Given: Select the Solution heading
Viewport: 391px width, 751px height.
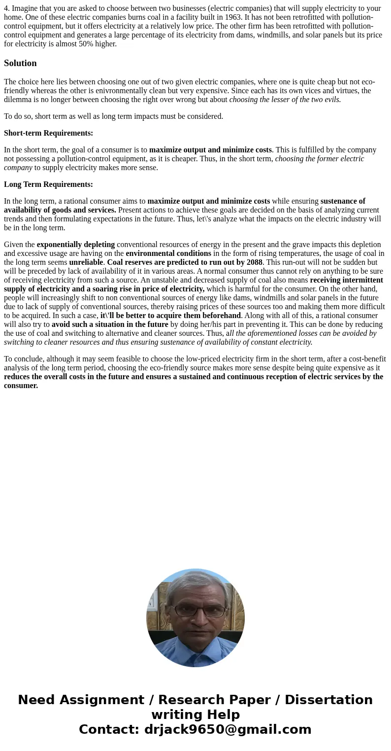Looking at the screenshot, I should click(x=20, y=63).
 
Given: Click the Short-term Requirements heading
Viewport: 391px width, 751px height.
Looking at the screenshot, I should click(x=48, y=133).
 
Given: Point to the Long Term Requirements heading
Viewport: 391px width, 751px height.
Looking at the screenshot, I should click(x=48, y=184).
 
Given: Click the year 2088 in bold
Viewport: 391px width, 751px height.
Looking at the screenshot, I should click(x=254, y=262).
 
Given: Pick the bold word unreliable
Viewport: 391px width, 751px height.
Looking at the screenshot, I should click(x=86, y=262).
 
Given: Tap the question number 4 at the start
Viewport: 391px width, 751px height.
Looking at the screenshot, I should click(x=6, y=8).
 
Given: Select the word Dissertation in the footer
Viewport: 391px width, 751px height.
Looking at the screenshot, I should click(x=328, y=700).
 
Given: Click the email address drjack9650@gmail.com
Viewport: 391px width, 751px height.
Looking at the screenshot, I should click(x=228, y=729).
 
